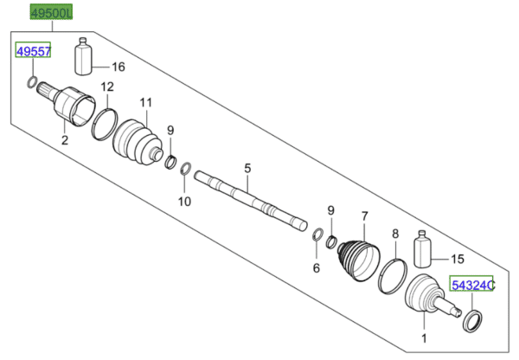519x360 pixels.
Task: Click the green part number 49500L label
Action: [x=52, y=14]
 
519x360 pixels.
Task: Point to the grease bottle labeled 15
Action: [x=423, y=252]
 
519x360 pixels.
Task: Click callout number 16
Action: [x=119, y=67]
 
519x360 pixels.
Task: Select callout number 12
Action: [x=106, y=87]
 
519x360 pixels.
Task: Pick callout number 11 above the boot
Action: [x=145, y=102]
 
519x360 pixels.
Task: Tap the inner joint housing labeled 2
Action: [x=69, y=106]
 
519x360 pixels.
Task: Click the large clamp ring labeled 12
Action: [x=104, y=123]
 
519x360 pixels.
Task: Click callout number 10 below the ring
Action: [x=183, y=202]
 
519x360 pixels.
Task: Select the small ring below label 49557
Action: [x=31, y=83]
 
